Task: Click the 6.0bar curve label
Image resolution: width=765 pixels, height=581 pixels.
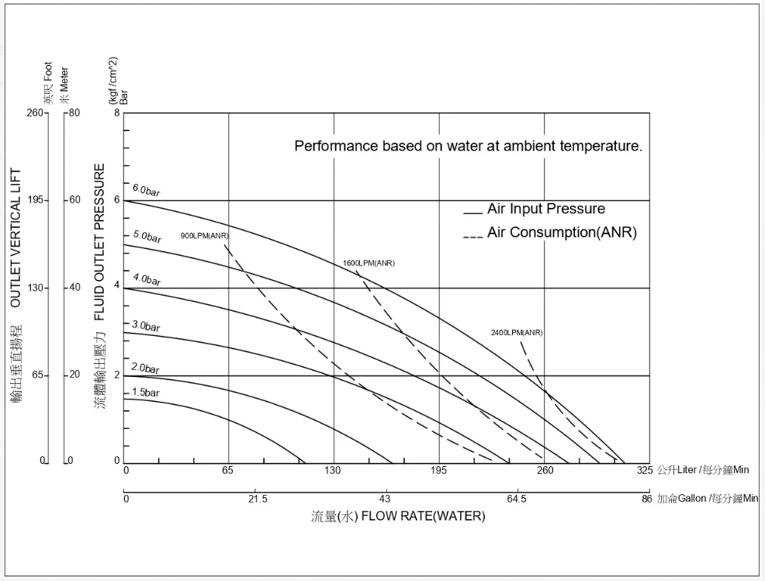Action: (146, 191)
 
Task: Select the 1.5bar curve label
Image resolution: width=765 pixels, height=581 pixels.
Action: (145, 393)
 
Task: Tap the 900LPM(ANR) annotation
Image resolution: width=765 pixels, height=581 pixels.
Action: (205, 236)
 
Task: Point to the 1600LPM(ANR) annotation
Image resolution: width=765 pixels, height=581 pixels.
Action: (369, 263)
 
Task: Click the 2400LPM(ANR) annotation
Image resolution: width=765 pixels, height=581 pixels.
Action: (517, 333)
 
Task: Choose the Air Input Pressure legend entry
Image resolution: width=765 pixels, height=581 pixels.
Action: (545, 209)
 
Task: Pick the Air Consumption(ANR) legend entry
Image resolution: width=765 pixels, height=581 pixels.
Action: (561, 233)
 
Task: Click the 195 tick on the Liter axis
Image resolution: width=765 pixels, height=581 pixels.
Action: (439, 471)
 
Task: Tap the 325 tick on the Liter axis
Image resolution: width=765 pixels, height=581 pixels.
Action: (645, 471)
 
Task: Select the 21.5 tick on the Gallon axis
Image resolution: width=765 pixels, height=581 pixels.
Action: (258, 499)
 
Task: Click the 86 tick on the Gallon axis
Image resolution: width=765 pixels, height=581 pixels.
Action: (646, 499)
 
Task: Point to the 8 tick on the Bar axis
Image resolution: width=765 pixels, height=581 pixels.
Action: (117, 113)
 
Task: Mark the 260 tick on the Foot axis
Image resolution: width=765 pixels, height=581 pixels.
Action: (36, 113)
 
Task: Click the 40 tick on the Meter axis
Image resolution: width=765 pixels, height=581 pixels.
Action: (74, 288)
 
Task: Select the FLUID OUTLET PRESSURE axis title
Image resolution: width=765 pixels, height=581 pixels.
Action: (100, 242)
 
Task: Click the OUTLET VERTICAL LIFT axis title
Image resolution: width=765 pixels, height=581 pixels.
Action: (16, 238)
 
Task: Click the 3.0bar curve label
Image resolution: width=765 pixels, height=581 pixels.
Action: (146, 326)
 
